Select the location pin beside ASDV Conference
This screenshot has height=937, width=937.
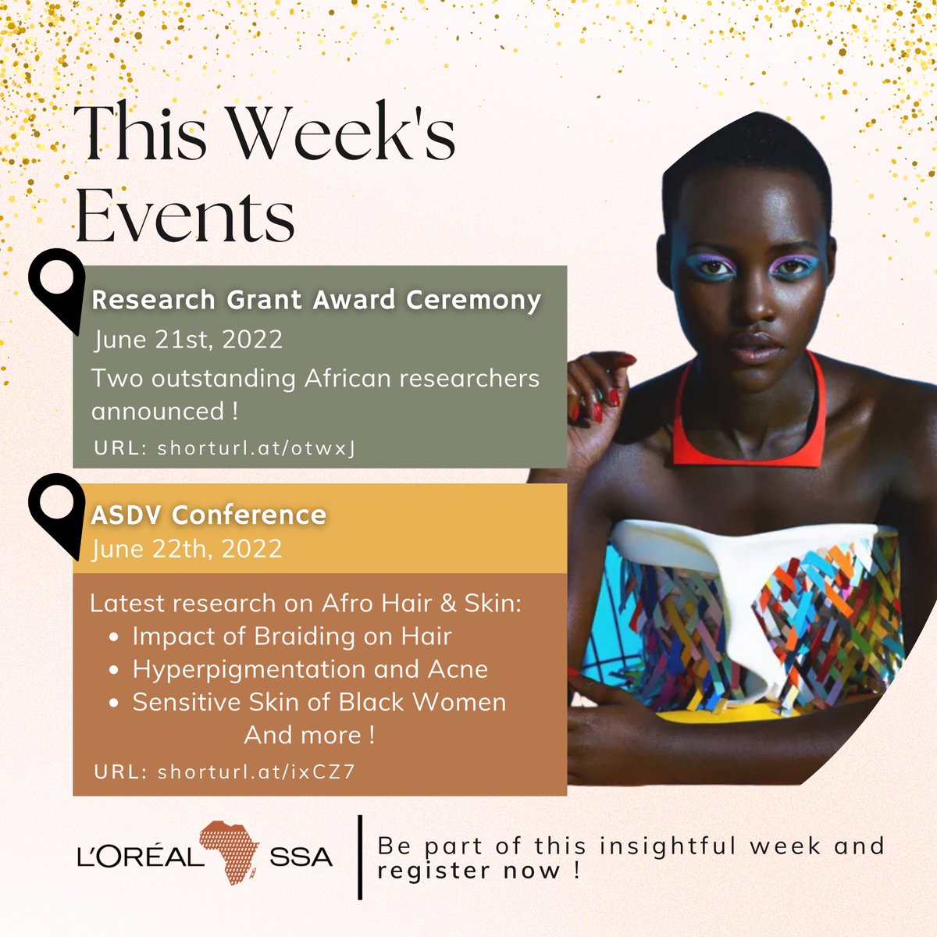pos(56,512)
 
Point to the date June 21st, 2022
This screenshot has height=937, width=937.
pos(188,340)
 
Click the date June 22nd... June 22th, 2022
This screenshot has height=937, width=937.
pos(187,548)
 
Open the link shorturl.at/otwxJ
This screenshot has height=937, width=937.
pos(257,448)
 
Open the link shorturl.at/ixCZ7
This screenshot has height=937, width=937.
pos(256,772)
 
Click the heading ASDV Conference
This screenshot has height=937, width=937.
pos(208,515)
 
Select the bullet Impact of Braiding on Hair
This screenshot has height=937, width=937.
pos(291,636)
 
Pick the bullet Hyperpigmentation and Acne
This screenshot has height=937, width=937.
pos(309,669)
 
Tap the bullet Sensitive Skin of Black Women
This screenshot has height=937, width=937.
pos(319,702)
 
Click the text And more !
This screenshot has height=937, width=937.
pos(309,735)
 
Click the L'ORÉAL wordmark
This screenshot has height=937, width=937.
pos(137,857)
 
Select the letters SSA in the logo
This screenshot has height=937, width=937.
pos(301,857)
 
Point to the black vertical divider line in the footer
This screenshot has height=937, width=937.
pos(360,857)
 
